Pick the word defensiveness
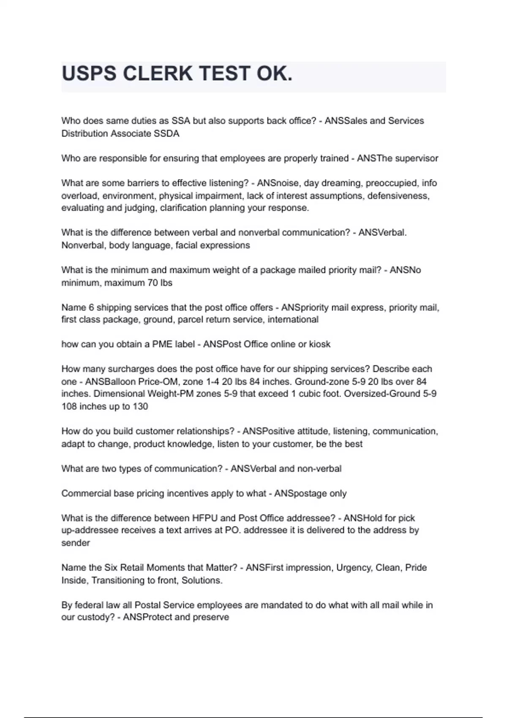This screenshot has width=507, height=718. pos(398,196)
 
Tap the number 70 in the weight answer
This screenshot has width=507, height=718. pos(152,283)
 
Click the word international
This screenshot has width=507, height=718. pos(293,319)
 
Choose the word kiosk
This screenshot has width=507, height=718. pos(320,344)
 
